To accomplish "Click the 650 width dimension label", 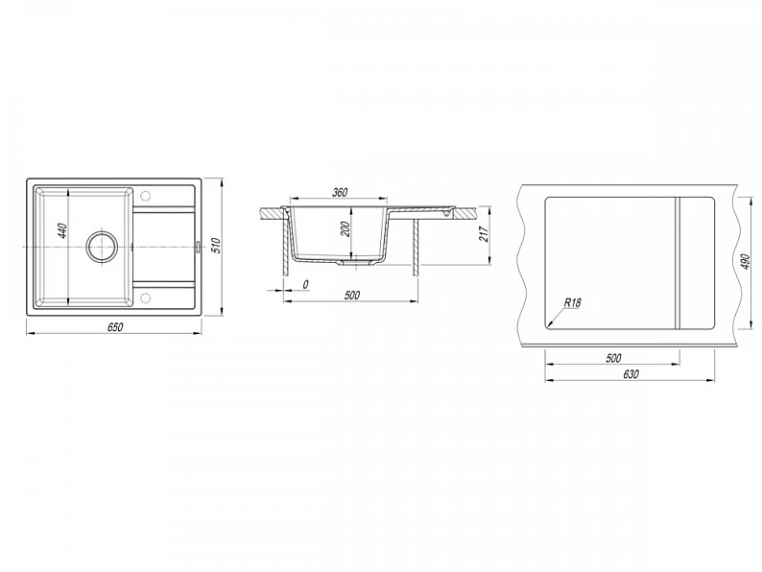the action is pos(115,327).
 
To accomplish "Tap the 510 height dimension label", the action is pos(217,246).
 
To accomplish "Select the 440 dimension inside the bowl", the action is pos(62,230).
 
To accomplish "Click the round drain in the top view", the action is pos(102,247).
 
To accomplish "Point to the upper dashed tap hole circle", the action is pos(145,196).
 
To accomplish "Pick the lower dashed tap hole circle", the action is pos(145,297).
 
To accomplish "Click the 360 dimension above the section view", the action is pos(340,193).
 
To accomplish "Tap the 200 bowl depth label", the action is pos(345,229).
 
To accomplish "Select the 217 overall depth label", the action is pos(483,234).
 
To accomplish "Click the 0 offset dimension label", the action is pos(305,284).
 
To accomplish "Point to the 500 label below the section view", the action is pos(352,295).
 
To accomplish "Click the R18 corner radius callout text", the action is pos(573,302).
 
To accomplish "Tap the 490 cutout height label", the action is pos(747,261).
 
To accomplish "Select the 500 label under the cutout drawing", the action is pos(613,358).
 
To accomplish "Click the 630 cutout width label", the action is pos(630,373).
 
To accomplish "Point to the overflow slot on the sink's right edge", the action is pos(198,247).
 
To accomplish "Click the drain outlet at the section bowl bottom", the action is pos(356,262).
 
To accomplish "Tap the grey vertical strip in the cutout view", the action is pos(677,263).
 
